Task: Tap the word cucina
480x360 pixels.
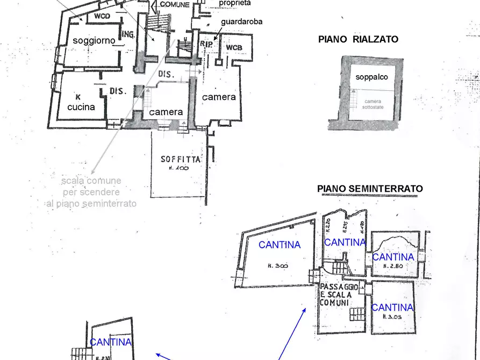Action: [x=81, y=107]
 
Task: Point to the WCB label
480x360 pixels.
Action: [x=234, y=48]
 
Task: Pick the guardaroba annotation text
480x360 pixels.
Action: [x=241, y=22]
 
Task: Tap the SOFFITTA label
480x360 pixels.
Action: [x=181, y=159]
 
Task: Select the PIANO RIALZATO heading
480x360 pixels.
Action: [x=358, y=39]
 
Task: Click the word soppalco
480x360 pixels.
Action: [x=371, y=77]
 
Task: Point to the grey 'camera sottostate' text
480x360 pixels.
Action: [x=372, y=104]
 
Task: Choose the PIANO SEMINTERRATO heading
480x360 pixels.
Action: [x=370, y=189]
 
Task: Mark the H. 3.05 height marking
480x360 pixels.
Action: [x=392, y=316]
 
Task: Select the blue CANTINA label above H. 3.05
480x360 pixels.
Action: [x=392, y=307]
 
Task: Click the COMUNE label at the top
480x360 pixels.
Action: [x=175, y=4]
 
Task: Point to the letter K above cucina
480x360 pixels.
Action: [x=78, y=97]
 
